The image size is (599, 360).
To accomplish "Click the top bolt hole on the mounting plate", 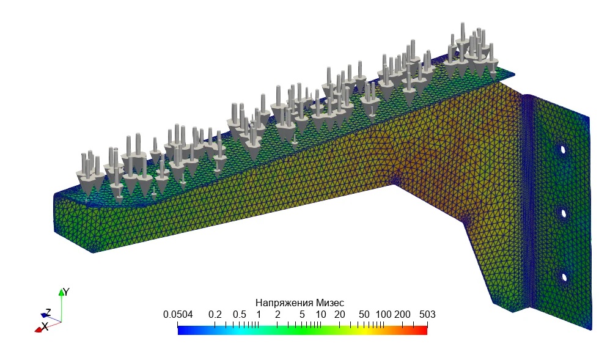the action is pyautogui.click(x=563, y=149).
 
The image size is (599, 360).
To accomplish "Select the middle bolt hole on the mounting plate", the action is pyautogui.click(x=563, y=213).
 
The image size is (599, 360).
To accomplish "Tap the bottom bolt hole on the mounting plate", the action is pyautogui.click(x=564, y=277).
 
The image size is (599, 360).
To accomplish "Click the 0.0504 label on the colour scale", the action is pyautogui.click(x=178, y=315).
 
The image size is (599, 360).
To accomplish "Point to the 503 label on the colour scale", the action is pyautogui.click(x=427, y=315).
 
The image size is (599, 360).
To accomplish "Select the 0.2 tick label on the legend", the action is pyautogui.click(x=215, y=315).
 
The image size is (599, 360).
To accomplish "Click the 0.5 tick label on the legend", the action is pyautogui.click(x=240, y=315).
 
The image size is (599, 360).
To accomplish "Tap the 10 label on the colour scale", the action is pyautogui.click(x=321, y=315).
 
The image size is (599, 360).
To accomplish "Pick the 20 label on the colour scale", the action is pyautogui.click(x=340, y=315).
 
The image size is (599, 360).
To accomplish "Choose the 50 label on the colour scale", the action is pyautogui.click(x=364, y=315).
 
